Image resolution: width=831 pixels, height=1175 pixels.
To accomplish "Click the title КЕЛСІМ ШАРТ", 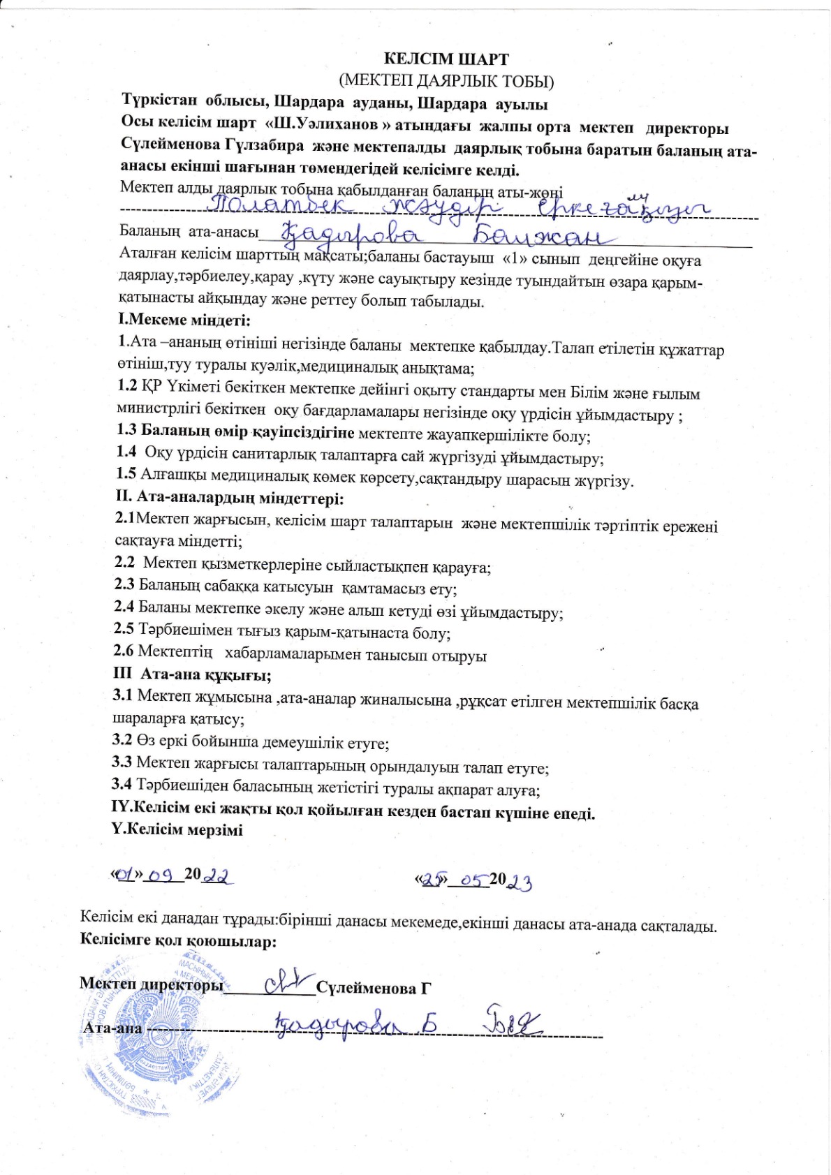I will pos(447,59).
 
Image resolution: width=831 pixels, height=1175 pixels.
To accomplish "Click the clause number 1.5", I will pos(126,474).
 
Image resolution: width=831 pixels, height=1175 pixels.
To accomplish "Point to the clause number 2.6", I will pos(124,651).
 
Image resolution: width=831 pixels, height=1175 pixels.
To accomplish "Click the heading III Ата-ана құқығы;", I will pos(192,675).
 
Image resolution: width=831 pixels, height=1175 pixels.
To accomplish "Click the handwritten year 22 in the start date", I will pos(218,875).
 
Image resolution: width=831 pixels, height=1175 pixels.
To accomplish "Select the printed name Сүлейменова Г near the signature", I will pos(374,988).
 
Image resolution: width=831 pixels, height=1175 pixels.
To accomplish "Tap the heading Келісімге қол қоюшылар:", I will pos(179,941).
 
